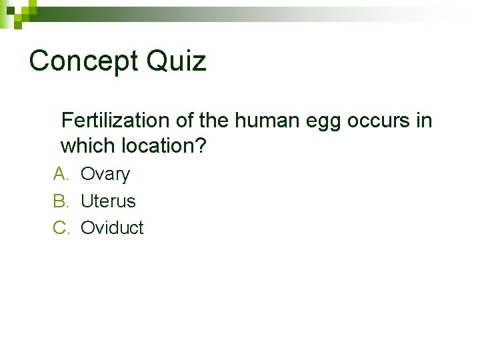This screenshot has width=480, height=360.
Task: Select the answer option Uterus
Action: pos(108,201)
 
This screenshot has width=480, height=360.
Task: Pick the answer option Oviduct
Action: pos(112,227)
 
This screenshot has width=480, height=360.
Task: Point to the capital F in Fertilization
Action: pos(66,121)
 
